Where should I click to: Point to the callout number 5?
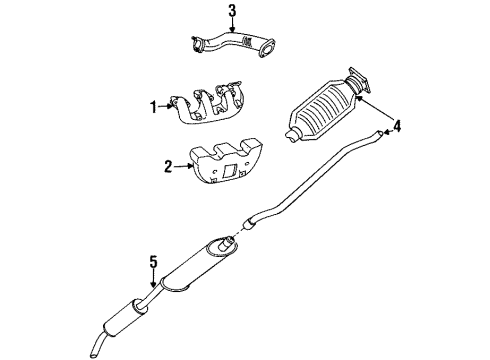[153, 263]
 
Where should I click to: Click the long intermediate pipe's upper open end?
[382, 131]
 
